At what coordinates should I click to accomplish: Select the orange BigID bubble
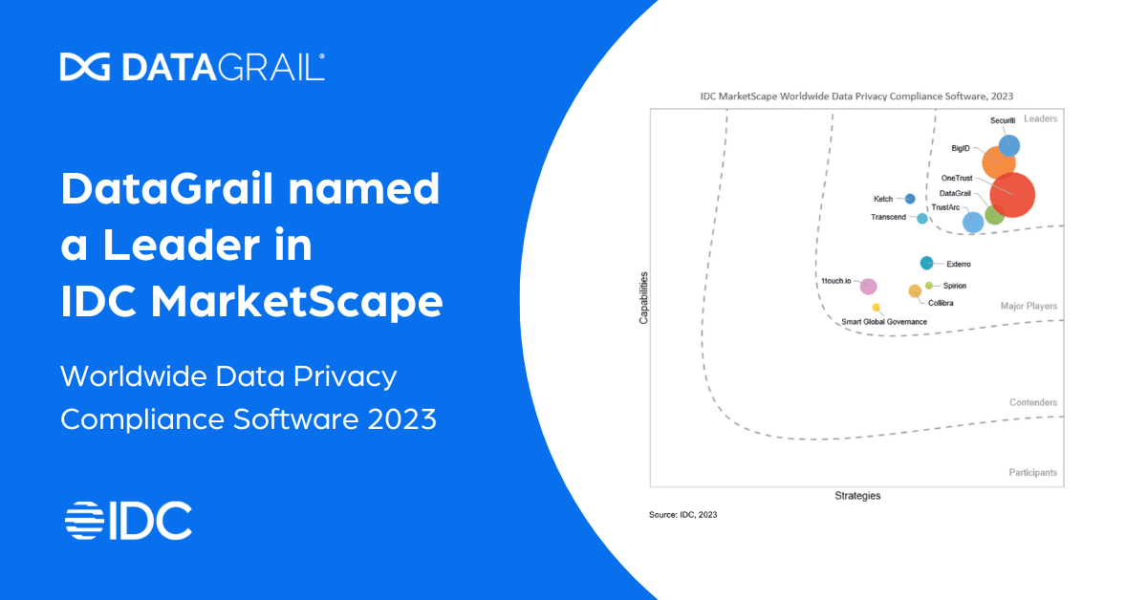998,162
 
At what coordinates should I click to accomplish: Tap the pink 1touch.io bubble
868,287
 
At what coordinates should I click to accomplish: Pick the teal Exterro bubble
926,263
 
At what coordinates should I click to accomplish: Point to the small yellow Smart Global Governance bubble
876,308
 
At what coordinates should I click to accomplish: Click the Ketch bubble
910,199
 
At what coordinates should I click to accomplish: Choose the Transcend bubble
922,219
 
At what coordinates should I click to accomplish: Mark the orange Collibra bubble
915,290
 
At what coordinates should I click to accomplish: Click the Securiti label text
1003,120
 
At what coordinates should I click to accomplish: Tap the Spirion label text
955,286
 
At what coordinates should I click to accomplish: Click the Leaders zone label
1040,118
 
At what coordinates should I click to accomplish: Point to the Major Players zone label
1028,307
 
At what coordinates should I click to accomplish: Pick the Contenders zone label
1033,403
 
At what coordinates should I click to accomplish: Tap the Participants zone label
1032,473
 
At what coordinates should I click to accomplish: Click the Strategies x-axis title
857,496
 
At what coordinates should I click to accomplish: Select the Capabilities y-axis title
643,298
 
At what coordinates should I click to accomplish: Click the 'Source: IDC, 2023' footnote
682,515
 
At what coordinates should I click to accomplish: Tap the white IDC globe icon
83,520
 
